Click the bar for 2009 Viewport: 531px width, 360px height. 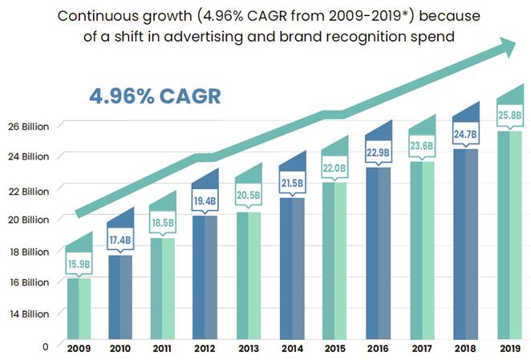click(x=79, y=309)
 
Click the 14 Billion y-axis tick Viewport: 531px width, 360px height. click(x=31, y=313)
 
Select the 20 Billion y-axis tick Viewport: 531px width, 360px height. click(x=31, y=220)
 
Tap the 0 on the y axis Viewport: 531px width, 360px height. click(x=46, y=346)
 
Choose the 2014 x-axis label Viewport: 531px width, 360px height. click(x=292, y=349)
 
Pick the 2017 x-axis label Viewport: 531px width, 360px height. click(x=422, y=349)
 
